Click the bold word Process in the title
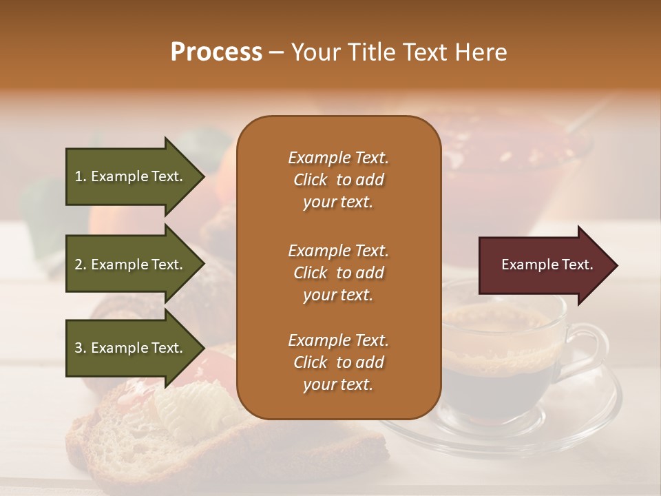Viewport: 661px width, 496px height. [x=216, y=52]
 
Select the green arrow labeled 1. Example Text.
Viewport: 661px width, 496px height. [x=131, y=176]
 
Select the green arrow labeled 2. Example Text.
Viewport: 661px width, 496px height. [x=131, y=265]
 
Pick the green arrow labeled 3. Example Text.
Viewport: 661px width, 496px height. [x=131, y=348]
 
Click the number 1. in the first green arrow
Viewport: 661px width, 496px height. [x=81, y=176]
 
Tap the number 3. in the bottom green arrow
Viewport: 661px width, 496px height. [x=81, y=348]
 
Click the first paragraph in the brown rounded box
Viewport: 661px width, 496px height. [x=338, y=180]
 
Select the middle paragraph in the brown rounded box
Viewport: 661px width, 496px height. [x=338, y=272]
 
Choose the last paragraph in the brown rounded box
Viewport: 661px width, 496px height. [x=338, y=362]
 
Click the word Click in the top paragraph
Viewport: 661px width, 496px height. [x=311, y=180]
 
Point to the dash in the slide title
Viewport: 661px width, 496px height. [x=277, y=53]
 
